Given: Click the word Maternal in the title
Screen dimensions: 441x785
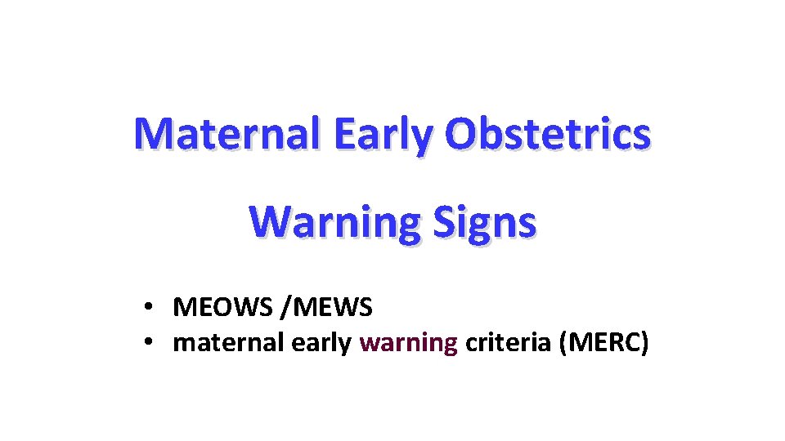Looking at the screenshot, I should [x=229, y=134].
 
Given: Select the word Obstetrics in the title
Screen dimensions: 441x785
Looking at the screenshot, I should [x=548, y=134].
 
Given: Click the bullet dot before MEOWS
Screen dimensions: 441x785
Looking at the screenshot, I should [x=148, y=309].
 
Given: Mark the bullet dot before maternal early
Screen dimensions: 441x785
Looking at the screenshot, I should [x=148, y=344].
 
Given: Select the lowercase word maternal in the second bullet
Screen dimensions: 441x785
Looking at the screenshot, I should [x=229, y=344].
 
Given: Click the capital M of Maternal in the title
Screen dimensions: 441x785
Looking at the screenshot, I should [x=153, y=134].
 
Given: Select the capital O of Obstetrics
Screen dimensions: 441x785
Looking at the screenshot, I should [x=462, y=134].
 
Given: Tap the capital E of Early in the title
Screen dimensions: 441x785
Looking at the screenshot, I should [x=344, y=134].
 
